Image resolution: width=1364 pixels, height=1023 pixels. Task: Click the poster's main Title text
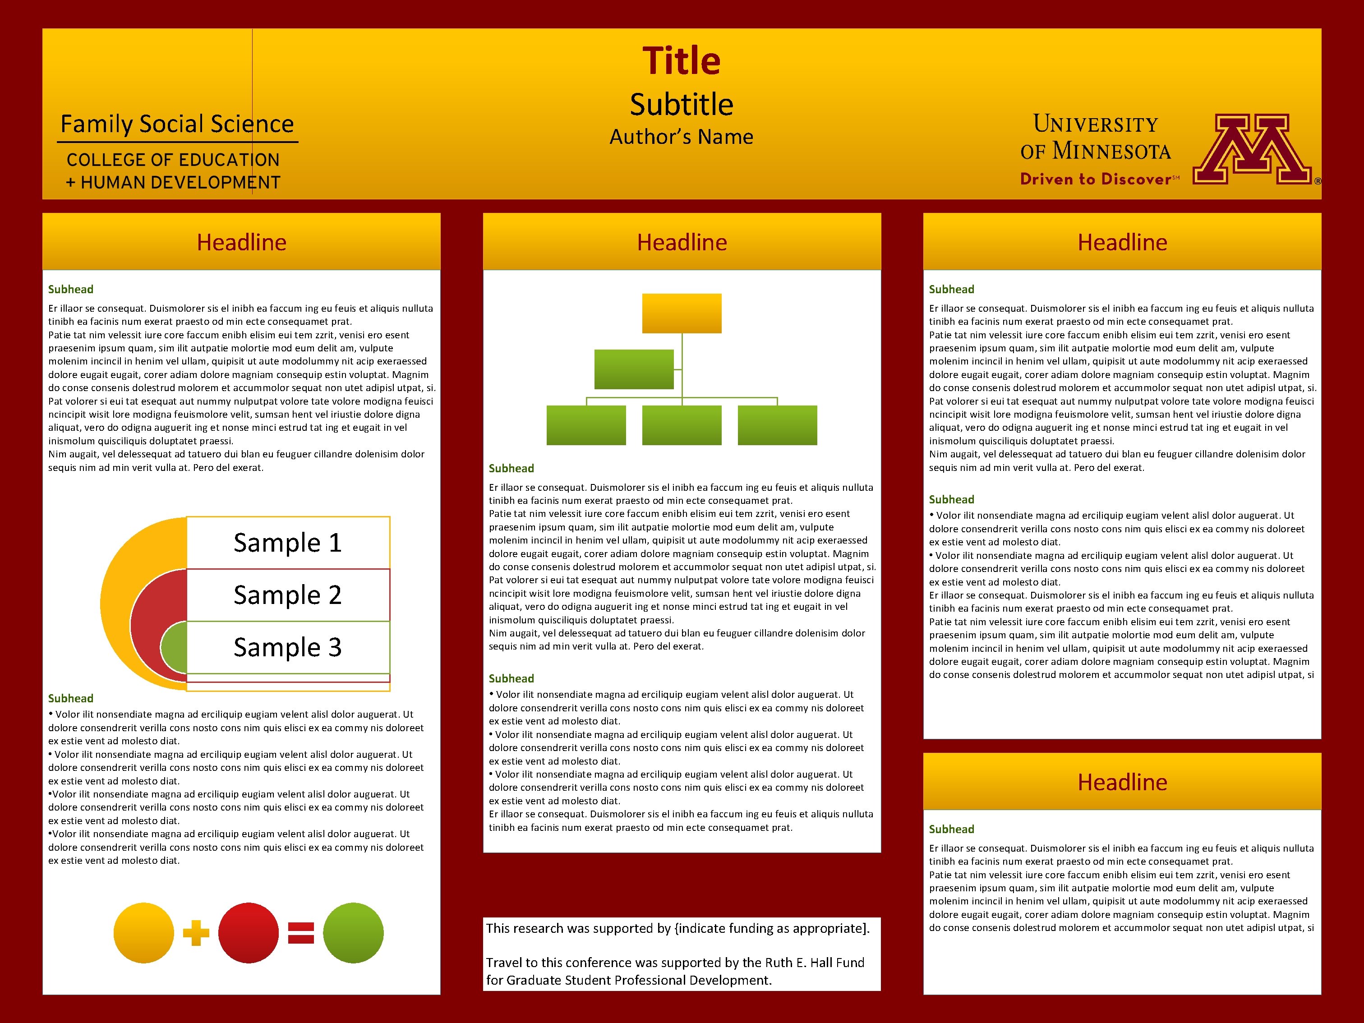(x=682, y=60)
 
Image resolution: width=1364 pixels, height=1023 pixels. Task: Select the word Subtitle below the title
(x=682, y=104)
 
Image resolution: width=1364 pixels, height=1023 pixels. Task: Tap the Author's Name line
(x=682, y=137)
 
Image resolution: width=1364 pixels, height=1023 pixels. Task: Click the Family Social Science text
(x=177, y=124)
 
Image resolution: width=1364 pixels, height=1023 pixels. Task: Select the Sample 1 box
(x=288, y=543)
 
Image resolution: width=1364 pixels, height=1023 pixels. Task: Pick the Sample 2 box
(x=288, y=595)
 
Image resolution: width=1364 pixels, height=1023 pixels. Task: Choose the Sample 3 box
(x=288, y=647)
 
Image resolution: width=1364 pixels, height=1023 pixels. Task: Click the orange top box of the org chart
(x=682, y=313)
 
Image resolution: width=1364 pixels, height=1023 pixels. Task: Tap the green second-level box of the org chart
(x=634, y=369)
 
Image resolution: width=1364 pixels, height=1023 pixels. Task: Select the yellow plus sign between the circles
(x=196, y=933)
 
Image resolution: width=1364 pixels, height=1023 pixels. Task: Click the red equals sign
(x=301, y=933)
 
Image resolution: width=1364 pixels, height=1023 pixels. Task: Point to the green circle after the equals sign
(x=353, y=933)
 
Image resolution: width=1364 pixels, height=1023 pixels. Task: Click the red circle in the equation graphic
(x=249, y=933)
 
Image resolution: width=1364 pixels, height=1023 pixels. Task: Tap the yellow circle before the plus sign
(x=144, y=933)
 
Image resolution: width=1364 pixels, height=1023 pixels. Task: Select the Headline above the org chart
(x=682, y=242)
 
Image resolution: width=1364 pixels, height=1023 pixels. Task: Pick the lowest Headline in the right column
(x=1122, y=782)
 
